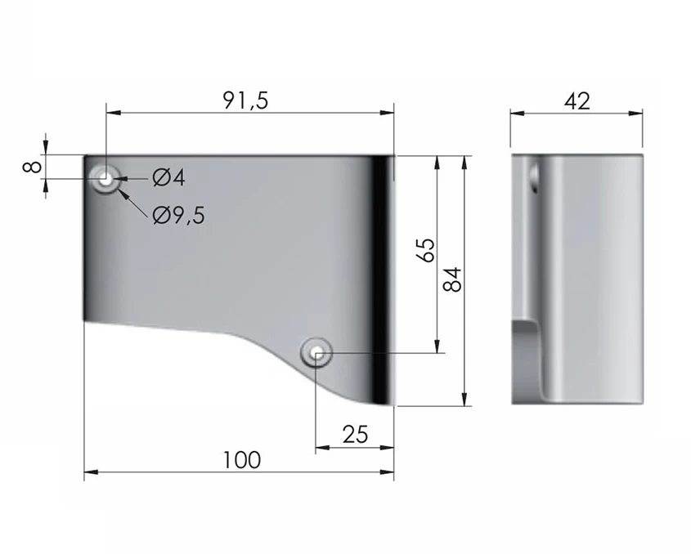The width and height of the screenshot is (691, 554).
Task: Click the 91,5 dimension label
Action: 245,101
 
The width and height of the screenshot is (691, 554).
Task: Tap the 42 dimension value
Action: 577,101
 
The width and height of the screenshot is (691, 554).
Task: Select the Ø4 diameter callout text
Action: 168,178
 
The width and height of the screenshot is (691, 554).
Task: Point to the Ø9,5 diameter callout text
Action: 179,216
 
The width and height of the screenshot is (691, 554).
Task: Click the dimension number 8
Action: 33,167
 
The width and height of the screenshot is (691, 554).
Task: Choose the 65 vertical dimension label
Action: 426,250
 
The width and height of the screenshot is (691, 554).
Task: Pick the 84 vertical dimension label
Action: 452,279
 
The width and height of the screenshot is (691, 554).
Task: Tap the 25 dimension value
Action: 355,435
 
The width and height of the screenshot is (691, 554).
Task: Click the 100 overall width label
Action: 242,460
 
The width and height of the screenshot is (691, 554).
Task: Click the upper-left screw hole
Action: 105,179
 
